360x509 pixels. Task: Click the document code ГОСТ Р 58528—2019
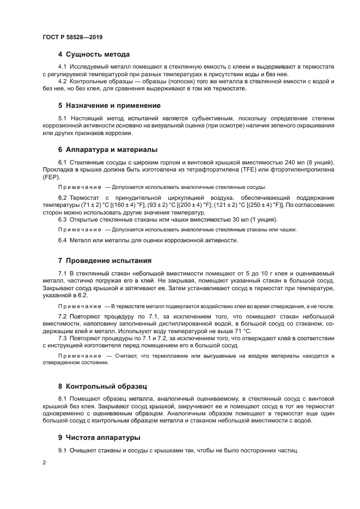(x=72, y=38)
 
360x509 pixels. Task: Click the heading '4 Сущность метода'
(x=94, y=54)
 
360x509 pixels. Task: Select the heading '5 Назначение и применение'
(x=109, y=105)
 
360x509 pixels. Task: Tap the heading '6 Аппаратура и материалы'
(x=108, y=149)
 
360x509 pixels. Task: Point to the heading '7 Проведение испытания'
(x=105, y=260)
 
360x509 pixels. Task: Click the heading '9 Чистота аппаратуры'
(x=99, y=437)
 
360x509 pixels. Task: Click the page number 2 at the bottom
(x=44, y=462)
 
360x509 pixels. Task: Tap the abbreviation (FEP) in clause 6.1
(x=52, y=177)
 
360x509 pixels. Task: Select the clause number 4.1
(x=63, y=66)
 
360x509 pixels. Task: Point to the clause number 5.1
(x=63, y=118)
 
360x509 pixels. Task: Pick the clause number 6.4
(x=63, y=240)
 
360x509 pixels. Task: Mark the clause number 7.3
(x=63, y=338)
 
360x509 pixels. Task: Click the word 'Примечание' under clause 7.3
(x=77, y=355)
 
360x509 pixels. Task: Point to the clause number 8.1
(x=63, y=398)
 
